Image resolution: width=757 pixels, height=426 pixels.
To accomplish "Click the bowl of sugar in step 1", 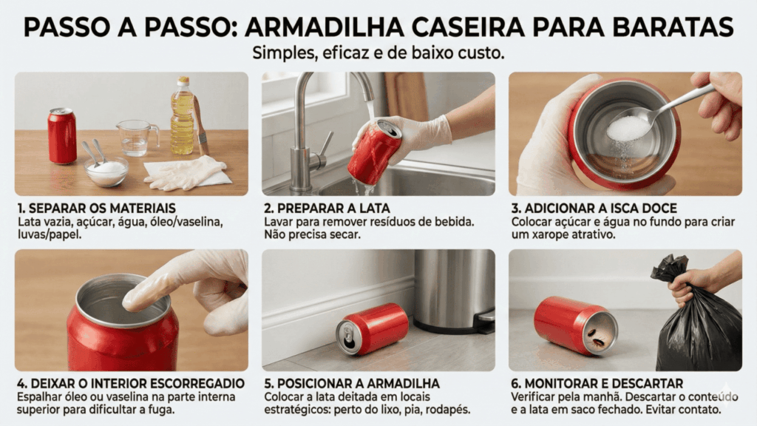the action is (106, 171).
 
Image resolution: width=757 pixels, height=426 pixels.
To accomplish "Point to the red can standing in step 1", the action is (62, 136).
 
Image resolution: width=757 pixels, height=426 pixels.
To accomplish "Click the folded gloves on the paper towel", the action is (186, 172).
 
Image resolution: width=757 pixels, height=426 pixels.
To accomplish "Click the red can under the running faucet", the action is (374, 152).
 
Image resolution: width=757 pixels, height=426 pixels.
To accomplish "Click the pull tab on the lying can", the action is (347, 334).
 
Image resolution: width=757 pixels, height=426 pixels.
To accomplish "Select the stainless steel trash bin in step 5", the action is (455, 291).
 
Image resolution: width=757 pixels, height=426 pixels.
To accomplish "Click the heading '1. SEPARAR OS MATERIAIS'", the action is (97, 208).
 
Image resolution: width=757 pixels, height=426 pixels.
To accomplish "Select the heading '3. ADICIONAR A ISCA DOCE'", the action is (594, 208).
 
